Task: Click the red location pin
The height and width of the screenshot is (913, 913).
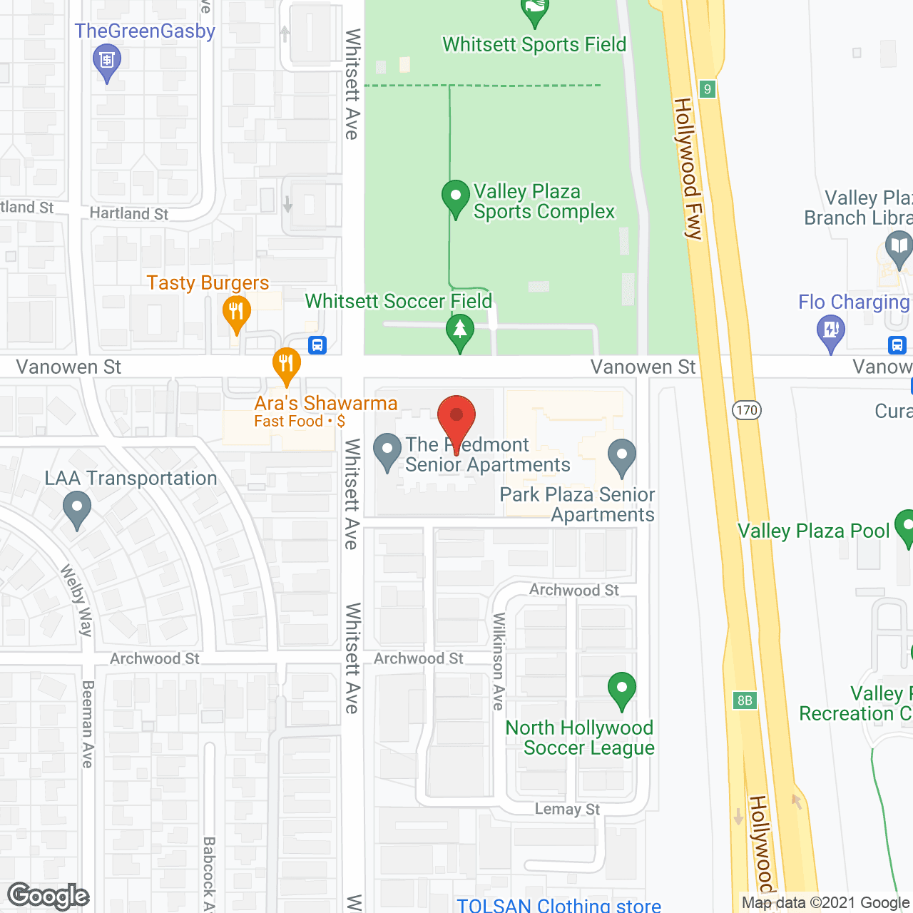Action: pyautogui.click(x=456, y=417)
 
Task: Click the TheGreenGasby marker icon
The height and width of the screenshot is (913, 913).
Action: pyautogui.click(x=107, y=60)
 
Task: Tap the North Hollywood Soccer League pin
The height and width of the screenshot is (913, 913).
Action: pyautogui.click(x=622, y=689)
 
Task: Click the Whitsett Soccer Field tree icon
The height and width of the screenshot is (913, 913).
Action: pyautogui.click(x=460, y=330)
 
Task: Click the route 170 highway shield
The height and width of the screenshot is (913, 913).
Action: pyautogui.click(x=747, y=410)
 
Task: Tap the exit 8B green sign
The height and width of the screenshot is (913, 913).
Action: pyautogui.click(x=745, y=700)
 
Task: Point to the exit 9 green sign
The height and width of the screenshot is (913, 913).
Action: pyautogui.click(x=708, y=89)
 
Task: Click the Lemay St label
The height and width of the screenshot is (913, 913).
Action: pyautogui.click(x=568, y=809)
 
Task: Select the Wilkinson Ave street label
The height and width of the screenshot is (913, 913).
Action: pyautogui.click(x=499, y=660)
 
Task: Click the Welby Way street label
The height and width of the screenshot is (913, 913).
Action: pyautogui.click(x=78, y=600)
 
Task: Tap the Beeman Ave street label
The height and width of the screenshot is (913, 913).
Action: pyautogui.click(x=88, y=724)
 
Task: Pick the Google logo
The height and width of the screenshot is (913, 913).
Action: pyautogui.click(x=49, y=896)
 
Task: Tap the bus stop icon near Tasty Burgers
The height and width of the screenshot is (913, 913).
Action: pyautogui.click(x=317, y=345)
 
